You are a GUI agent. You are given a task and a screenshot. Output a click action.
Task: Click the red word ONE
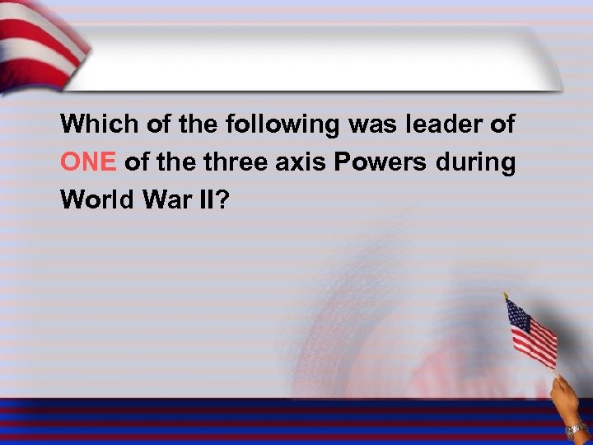click(x=89, y=162)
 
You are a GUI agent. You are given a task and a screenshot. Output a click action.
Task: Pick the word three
click(x=236, y=162)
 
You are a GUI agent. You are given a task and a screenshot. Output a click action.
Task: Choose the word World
click(x=94, y=200)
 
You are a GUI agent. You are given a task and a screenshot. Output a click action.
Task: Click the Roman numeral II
click(x=203, y=200)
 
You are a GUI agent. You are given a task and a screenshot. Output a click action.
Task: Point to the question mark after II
click(x=220, y=200)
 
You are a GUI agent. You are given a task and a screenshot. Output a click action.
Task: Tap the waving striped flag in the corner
click(x=41, y=41)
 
